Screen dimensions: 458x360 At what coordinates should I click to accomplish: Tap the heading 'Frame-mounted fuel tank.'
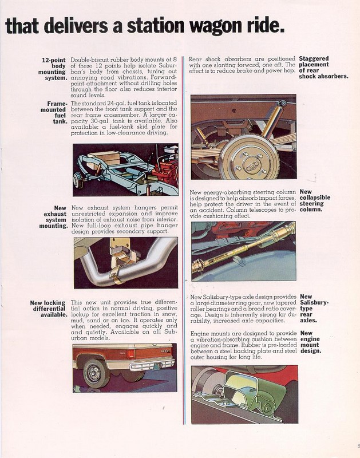[54, 112]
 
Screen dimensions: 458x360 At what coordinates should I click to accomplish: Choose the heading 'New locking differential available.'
[49, 309]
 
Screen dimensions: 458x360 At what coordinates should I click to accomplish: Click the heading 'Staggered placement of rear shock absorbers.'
[323, 67]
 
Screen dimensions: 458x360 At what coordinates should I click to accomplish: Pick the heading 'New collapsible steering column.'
[315, 201]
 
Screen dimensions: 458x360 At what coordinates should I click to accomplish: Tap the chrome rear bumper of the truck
[152, 364]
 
